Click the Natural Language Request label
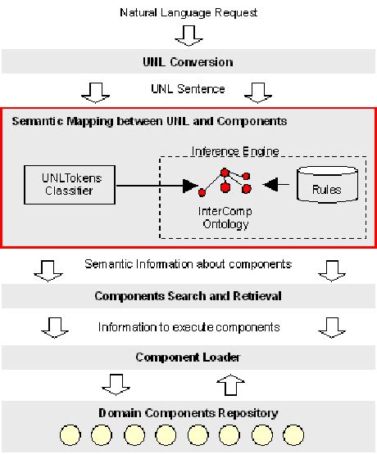pyautogui.click(x=188, y=13)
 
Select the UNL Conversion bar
pyautogui.click(x=188, y=62)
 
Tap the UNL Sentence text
pyautogui.click(x=188, y=88)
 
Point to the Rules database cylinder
pyautogui.click(x=326, y=187)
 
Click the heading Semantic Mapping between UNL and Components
pyautogui.click(x=149, y=121)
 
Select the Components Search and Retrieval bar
pyautogui.click(x=188, y=295)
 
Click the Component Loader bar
pyautogui.click(x=188, y=357)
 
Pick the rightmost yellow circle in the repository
pyautogui.click(x=293, y=434)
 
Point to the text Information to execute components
pyautogui.click(x=188, y=326)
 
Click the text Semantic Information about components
pyautogui.click(x=188, y=264)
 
